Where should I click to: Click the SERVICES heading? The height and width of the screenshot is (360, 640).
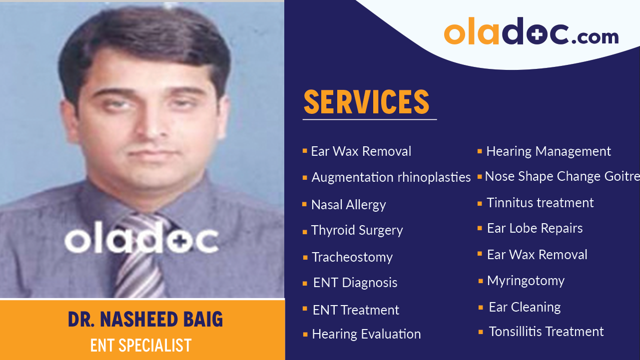point(366,102)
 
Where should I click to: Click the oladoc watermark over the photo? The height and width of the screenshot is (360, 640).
point(141,240)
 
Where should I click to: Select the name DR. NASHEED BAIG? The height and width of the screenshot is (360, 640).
point(145,320)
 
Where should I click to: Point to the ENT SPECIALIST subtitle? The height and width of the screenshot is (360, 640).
point(141,345)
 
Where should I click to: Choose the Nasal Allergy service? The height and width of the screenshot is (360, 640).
point(348,205)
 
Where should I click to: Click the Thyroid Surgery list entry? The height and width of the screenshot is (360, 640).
point(357,230)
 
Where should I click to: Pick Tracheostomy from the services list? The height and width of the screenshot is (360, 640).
point(352,257)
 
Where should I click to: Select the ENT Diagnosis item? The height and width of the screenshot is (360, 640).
point(355,283)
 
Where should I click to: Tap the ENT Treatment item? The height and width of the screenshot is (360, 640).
point(356,310)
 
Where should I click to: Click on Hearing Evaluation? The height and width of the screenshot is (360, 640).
point(366,334)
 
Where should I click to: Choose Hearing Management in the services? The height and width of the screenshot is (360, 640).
point(548,151)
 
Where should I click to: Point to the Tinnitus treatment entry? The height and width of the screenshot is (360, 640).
point(540,203)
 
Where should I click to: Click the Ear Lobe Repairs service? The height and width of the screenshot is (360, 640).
point(535,228)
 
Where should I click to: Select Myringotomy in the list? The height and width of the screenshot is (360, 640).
point(526,281)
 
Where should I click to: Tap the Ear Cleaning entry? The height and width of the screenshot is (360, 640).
point(525,307)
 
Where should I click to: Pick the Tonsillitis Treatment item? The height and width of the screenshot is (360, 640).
point(546,332)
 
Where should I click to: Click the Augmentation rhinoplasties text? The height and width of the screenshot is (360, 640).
point(391,177)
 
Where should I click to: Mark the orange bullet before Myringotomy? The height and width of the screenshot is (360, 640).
point(481,281)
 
